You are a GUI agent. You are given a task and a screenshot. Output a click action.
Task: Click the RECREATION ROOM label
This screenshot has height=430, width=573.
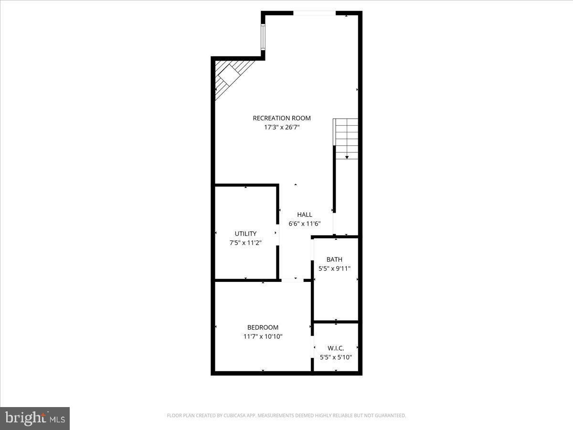coord(282,118)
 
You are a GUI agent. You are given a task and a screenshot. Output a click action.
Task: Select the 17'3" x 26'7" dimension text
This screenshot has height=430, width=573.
coord(282,128)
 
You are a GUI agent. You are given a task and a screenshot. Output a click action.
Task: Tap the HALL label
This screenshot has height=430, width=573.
coord(304,215)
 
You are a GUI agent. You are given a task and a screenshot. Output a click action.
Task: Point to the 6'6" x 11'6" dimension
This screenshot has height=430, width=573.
coord(304,224)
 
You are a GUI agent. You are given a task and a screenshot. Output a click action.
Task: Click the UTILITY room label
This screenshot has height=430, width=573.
coord(245,234)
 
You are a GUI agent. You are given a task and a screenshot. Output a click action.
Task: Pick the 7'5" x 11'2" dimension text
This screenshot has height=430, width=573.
coord(245,243)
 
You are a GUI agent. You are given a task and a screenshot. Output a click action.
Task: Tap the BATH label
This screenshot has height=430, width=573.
coord(334,259)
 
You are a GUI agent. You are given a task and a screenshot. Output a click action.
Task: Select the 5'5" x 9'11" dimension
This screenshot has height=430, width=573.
coord(334,269)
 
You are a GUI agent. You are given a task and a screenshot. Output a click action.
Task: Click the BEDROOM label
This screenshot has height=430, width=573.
coord(263,327)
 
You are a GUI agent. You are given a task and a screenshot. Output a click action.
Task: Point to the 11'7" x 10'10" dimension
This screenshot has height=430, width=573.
coord(263,336)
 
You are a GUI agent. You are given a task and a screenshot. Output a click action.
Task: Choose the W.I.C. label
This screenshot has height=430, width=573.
coord(336,348)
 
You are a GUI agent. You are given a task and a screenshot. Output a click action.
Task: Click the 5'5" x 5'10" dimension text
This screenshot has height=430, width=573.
coord(336,357)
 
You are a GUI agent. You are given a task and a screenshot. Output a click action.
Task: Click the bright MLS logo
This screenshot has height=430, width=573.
coord(35,419)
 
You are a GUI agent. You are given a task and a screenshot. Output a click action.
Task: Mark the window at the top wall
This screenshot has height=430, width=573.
coord(314,13)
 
